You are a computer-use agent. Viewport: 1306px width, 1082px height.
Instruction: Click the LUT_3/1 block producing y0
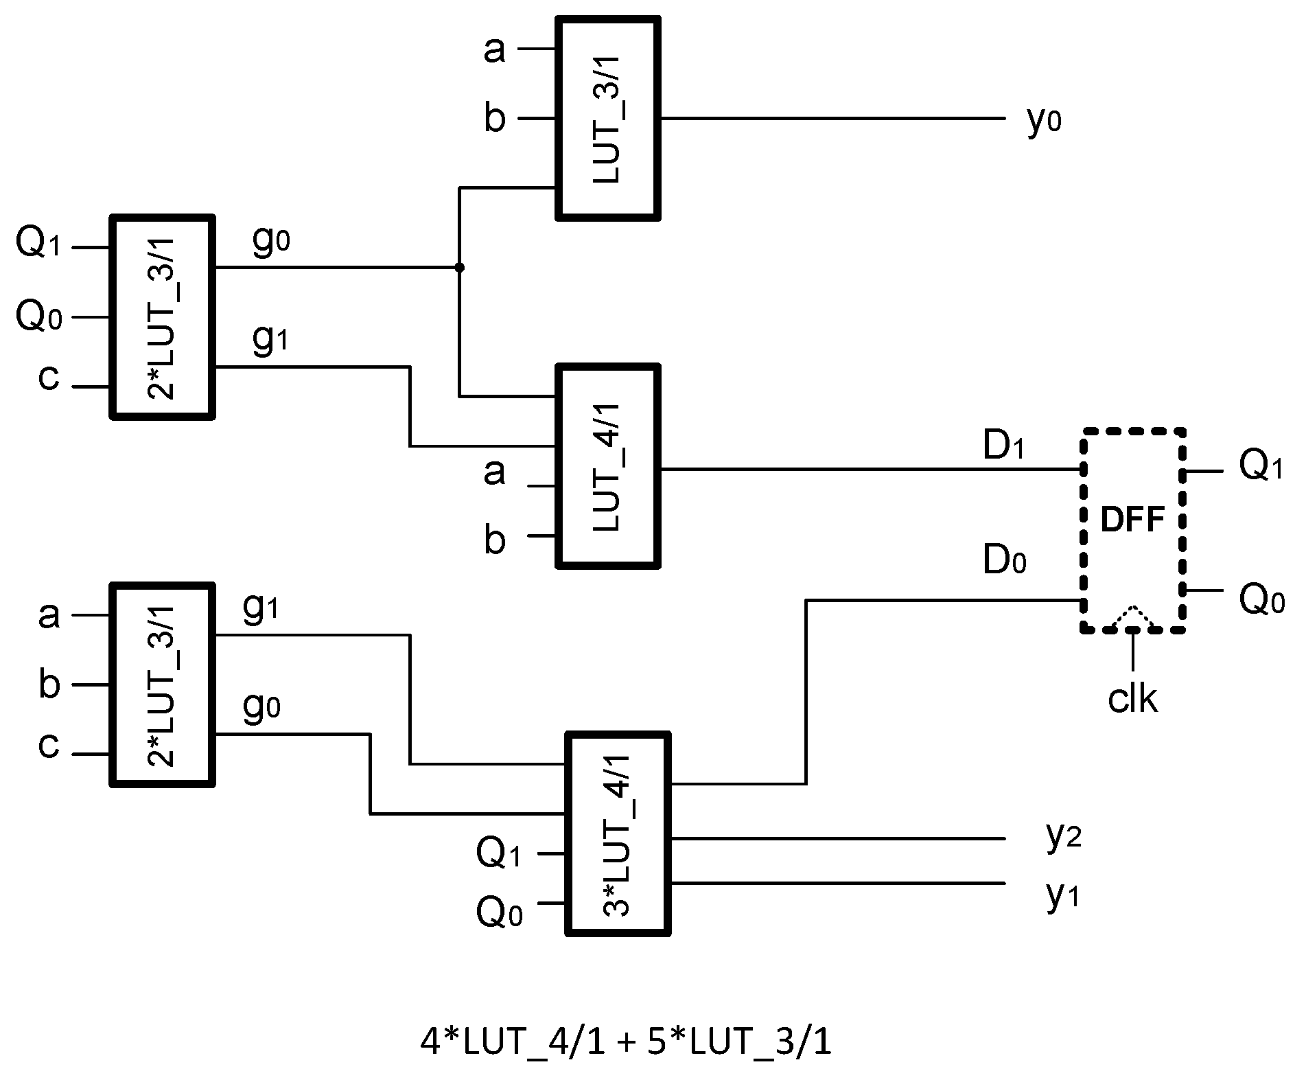(608, 119)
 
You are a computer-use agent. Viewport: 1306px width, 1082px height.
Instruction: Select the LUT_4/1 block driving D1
(608, 467)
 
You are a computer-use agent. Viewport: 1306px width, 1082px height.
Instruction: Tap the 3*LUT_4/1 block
(618, 834)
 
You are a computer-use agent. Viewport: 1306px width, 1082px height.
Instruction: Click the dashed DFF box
(1134, 530)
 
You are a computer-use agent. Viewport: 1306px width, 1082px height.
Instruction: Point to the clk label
(1133, 699)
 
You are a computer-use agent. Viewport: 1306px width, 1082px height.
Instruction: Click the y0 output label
(1044, 122)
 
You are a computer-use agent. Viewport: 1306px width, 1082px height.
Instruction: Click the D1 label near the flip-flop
(1003, 447)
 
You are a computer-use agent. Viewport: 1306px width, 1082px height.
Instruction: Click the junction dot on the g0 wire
(459, 267)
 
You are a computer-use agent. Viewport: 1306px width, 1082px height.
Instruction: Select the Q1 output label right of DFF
(1260, 466)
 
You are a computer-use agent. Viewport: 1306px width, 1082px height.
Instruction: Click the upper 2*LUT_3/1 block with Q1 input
(163, 317)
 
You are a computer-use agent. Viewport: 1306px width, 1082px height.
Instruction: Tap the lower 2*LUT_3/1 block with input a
(163, 684)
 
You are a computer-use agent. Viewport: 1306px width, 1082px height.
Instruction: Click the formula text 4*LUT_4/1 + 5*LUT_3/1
(625, 1043)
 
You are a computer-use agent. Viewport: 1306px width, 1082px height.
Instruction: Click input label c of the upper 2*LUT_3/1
(48, 378)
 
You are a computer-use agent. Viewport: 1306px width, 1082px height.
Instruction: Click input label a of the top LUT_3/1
(494, 50)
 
